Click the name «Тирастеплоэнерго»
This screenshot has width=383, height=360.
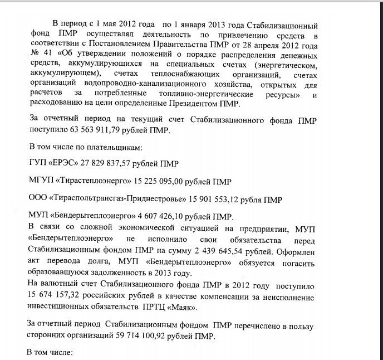click(x=86, y=182)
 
